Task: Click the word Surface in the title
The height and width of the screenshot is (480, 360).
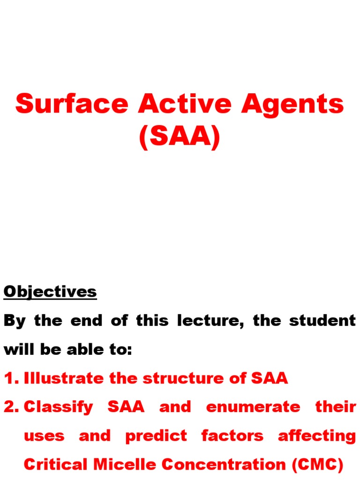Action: tap(71, 104)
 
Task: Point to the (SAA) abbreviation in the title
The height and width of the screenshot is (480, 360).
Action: tap(180, 137)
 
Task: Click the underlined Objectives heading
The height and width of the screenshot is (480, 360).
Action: tap(50, 292)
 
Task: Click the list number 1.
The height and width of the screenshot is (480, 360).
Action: tap(10, 378)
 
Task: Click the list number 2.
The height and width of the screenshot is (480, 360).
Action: tap(11, 407)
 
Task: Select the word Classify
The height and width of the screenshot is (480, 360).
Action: tap(59, 407)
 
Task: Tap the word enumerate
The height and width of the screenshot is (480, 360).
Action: tap(253, 407)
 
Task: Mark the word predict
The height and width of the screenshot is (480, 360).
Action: tap(156, 436)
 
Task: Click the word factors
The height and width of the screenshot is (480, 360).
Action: tap(232, 435)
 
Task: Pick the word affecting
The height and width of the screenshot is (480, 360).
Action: tap(317, 436)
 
